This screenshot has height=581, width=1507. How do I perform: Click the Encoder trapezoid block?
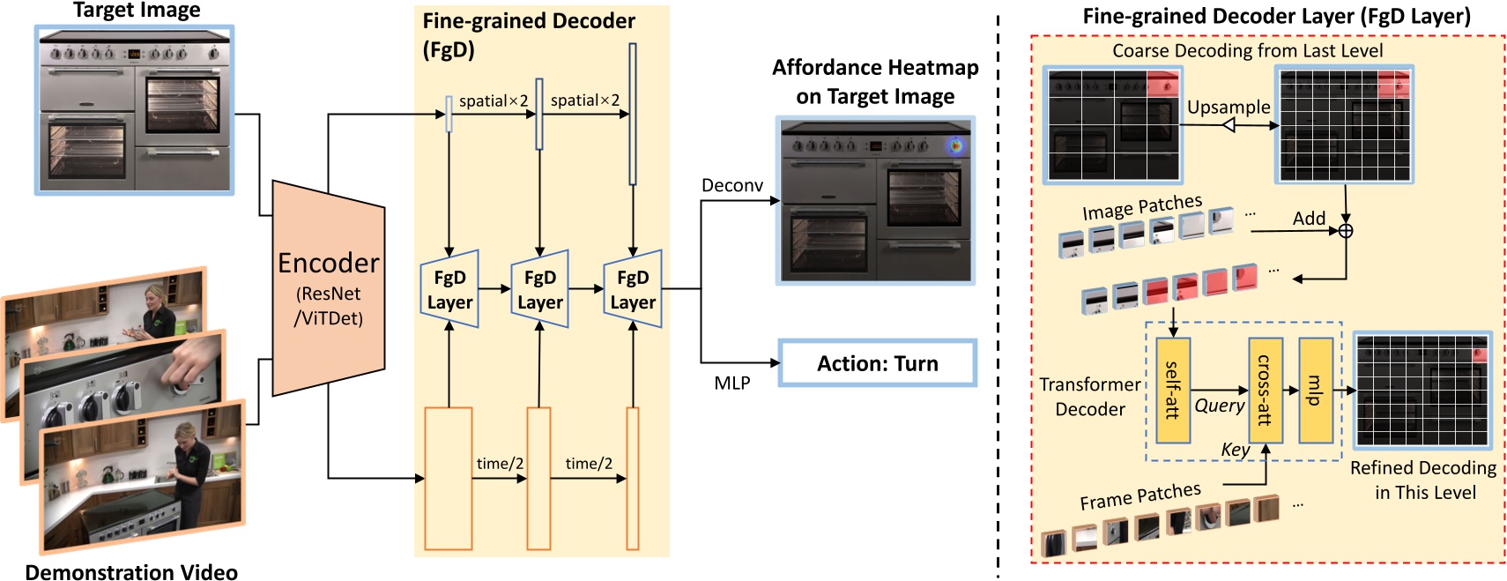328,288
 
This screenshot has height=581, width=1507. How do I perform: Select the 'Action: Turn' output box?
877,363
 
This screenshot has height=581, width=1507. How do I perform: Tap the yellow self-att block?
1173,390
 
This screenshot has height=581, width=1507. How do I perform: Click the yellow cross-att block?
1265,390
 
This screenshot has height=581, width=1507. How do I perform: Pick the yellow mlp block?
1315,390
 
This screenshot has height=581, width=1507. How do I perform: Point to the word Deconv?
731,185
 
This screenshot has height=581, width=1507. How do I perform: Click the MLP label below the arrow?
731,383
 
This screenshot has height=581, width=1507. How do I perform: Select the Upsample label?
1228,107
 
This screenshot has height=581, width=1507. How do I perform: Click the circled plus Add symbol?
1346,231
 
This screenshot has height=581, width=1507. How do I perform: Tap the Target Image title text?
137,11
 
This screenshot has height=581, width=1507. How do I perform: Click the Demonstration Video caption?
131,572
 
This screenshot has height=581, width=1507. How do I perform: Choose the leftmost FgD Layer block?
449,289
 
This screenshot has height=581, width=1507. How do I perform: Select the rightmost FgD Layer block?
633,289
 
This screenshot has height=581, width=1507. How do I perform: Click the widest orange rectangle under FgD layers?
449,478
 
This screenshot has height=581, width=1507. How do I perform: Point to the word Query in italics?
1219,406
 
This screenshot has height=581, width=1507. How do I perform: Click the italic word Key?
1235,450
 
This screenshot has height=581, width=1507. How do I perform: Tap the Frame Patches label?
1140,496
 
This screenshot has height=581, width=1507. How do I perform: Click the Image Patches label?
1141,207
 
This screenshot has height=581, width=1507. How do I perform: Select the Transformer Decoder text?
1090,397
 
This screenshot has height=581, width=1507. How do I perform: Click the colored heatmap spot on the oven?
954,146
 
